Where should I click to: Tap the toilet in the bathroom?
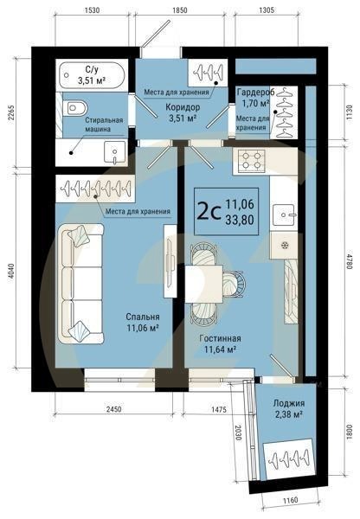(x=74, y=110)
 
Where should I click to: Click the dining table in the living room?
(x=207, y=281)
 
